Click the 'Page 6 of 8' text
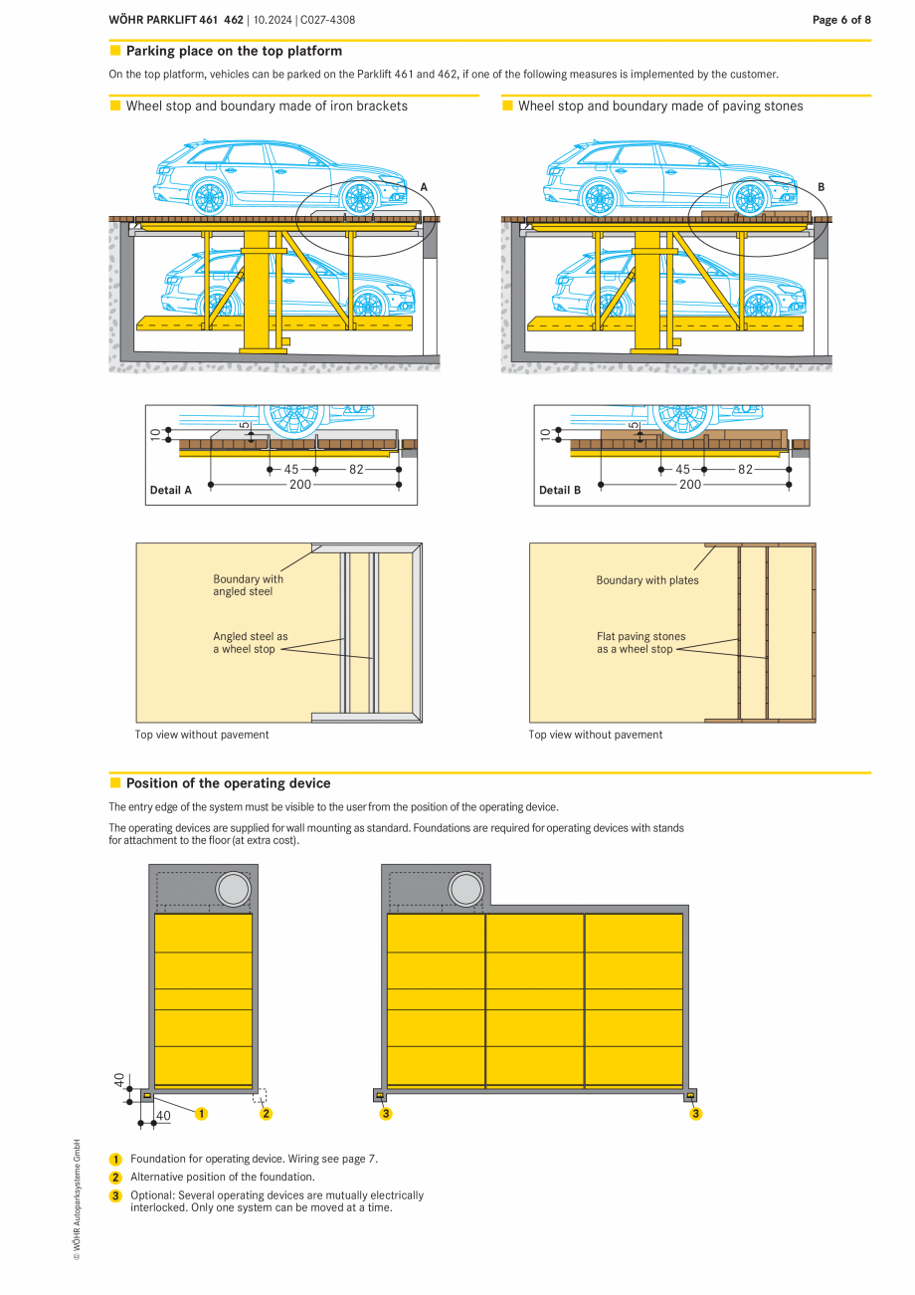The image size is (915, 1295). tap(841, 20)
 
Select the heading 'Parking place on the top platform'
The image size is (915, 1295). tap(234, 51)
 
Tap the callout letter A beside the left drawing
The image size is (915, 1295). tap(424, 187)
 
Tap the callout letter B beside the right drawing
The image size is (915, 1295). tap(821, 187)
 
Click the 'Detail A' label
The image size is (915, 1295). tap(170, 490)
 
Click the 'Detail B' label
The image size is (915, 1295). tap(559, 490)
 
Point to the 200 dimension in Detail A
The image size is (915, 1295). tap(299, 485)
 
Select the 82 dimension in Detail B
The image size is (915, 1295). tap(745, 469)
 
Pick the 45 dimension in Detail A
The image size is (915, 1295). tap(291, 469)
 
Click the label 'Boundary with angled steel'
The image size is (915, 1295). tap(248, 585)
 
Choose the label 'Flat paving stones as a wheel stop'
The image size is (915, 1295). tap(640, 643)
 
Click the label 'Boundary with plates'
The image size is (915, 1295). tap(646, 580)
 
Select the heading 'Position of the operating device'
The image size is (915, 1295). tap(228, 783)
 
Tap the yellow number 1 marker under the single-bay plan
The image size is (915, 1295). tap(201, 1114)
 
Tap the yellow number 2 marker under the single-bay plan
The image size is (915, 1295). tap(266, 1114)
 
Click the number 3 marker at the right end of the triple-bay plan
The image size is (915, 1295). tap(695, 1114)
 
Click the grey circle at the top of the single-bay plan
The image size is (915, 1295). tap(233, 889)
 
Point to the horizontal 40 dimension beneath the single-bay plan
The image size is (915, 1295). tap(163, 1116)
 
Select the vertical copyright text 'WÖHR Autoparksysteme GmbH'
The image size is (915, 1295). tap(76, 1199)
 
